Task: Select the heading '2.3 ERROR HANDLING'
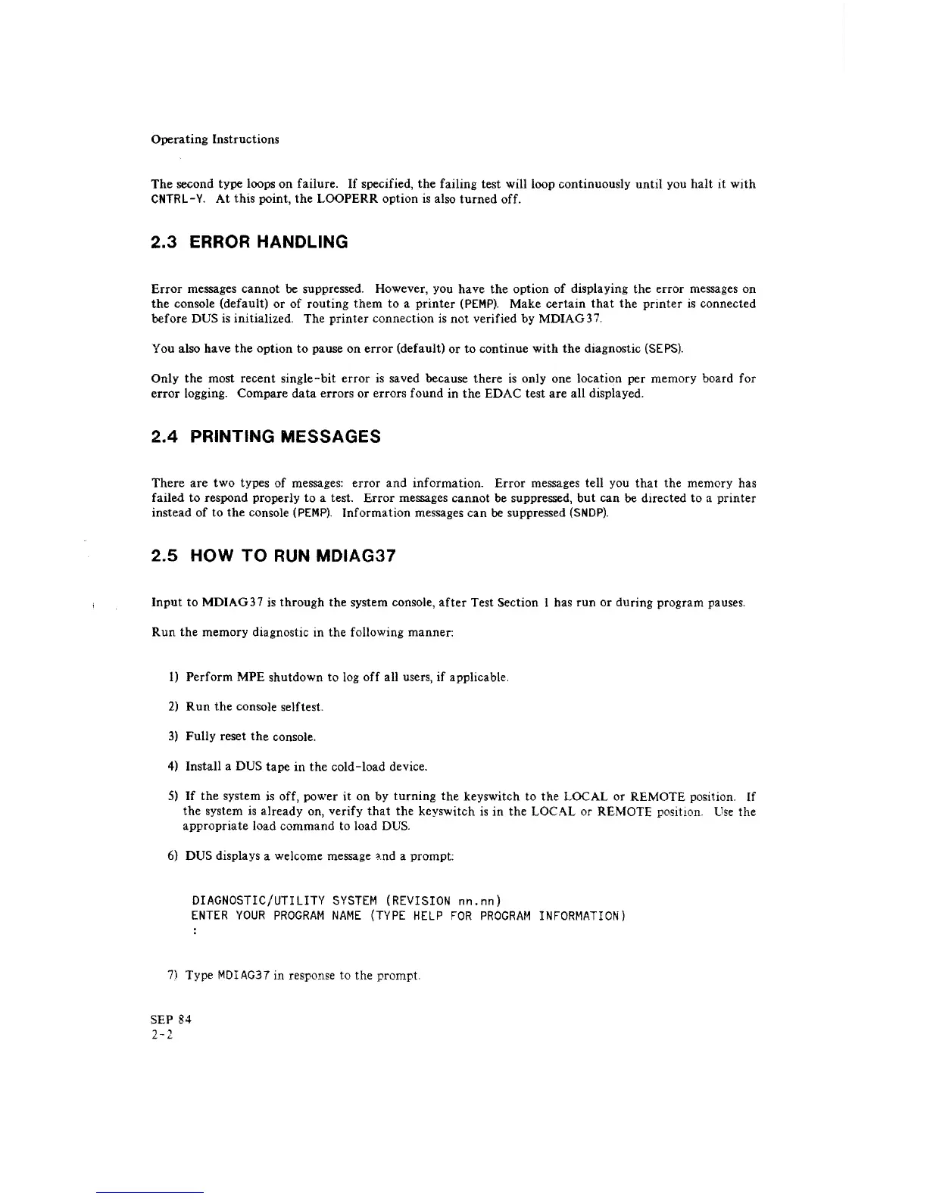point(249,242)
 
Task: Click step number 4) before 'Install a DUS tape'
point(173,767)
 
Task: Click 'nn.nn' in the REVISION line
point(477,901)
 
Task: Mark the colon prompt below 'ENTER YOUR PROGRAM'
point(195,933)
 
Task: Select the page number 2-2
point(162,1035)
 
